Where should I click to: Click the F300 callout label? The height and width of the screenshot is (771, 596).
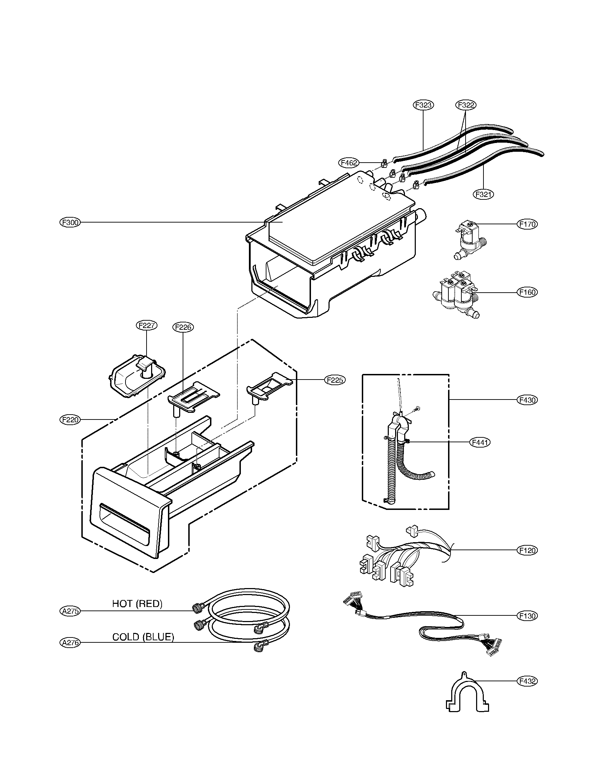[x=70, y=223]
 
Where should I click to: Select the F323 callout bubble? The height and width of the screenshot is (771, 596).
[x=424, y=105]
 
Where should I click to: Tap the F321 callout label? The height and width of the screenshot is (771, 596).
[x=483, y=194]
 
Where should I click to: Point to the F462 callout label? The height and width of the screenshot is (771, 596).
[x=349, y=163]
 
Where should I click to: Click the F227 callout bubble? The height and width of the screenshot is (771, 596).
[x=147, y=325]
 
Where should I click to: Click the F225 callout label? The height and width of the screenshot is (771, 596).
[x=335, y=380]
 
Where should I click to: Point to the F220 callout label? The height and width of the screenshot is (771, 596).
[x=70, y=420]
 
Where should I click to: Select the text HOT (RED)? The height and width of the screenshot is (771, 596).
[x=137, y=604]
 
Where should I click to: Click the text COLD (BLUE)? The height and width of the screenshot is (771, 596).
[x=143, y=637]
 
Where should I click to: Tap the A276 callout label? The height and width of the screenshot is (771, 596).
[x=70, y=642]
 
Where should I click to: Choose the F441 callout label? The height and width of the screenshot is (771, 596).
[x=480, y=442]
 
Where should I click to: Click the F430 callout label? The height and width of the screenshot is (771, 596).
[x=527, y=400]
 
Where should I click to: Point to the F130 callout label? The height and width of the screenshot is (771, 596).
[x=527, y=616]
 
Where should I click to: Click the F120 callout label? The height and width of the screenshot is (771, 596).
[x=527, y=550]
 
